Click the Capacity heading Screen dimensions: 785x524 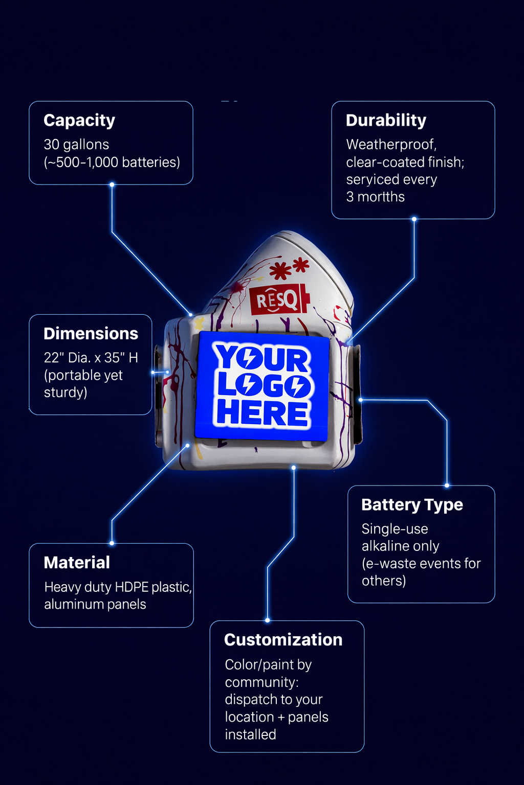pyautogui.click(x=79, y=121)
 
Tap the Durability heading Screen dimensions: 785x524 pyautogui.click(x=386, y=121)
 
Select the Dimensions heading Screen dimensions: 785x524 pyautogui.click(x=91, y=334)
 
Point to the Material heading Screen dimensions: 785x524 pyautogui.click(x=77, y=563)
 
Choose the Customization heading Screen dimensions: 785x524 pyautogui.click(x=283, y=640)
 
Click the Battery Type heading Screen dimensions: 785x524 pyautogui.click(x=412, y=505)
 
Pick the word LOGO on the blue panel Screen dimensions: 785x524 pyautogui.click(x=263, y=386)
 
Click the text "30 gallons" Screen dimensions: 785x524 pyautogui.click(x=76, y=145)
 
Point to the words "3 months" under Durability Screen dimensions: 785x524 pyautogui.click(x=375, y=197)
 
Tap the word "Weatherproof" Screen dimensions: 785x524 pyautogui.click(x=391, y=145)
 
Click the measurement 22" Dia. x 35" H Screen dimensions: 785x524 pyautogui.click(x=91, y=358)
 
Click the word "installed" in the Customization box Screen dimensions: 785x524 pyautogui.click(x=250, y=734)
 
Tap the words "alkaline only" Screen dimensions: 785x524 pyautogui.click(x=400, y=546)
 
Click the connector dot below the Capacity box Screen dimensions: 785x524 pyautogui.click(x=112, y=184)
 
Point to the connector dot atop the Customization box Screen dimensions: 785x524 pyautogui.click(x=267, y=620)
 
